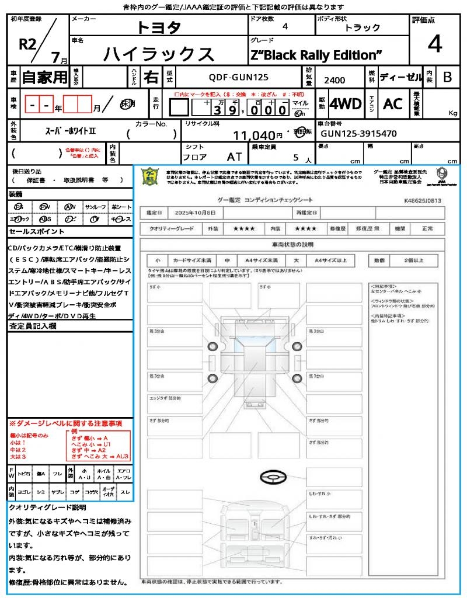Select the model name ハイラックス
(159, 54)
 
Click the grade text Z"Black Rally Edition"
(316, 55)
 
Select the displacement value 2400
(334, 80)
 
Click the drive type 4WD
(346, 104)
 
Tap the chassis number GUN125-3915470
(359, 133)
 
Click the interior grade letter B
(447, 77)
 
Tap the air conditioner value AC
(393, 104)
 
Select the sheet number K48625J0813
(422, 200)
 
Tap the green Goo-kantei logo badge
(151, 176)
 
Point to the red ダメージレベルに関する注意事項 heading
(65, 423)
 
